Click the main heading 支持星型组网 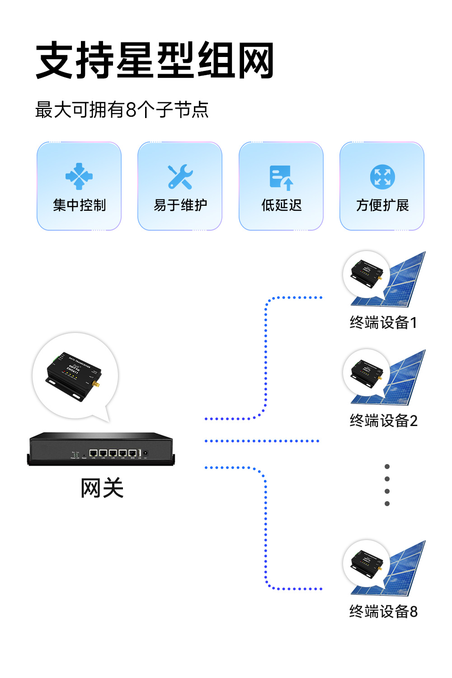tap(155, 61)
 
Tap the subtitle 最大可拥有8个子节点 tap(122, 110)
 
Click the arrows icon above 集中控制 tap(79, 176)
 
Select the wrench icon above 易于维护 tap(180, 177)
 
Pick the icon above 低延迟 tap(281, 177)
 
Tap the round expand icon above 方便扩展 tap(382, 177)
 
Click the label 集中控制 tap(79, 205)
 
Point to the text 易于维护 tap(180, 205)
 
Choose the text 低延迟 tap(281, 205)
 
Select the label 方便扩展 tap(382, 205)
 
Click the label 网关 tap(102, 488)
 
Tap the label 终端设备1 tap(383, 322)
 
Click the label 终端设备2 tap(383, 421)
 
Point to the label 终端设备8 tap(383, 612)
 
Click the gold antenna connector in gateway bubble tap(97, 385)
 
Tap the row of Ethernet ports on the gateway tap(113, 453)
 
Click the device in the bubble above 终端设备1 tap(367, 273)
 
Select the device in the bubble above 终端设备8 tap(367, 562)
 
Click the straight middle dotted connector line tap(262, 441)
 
